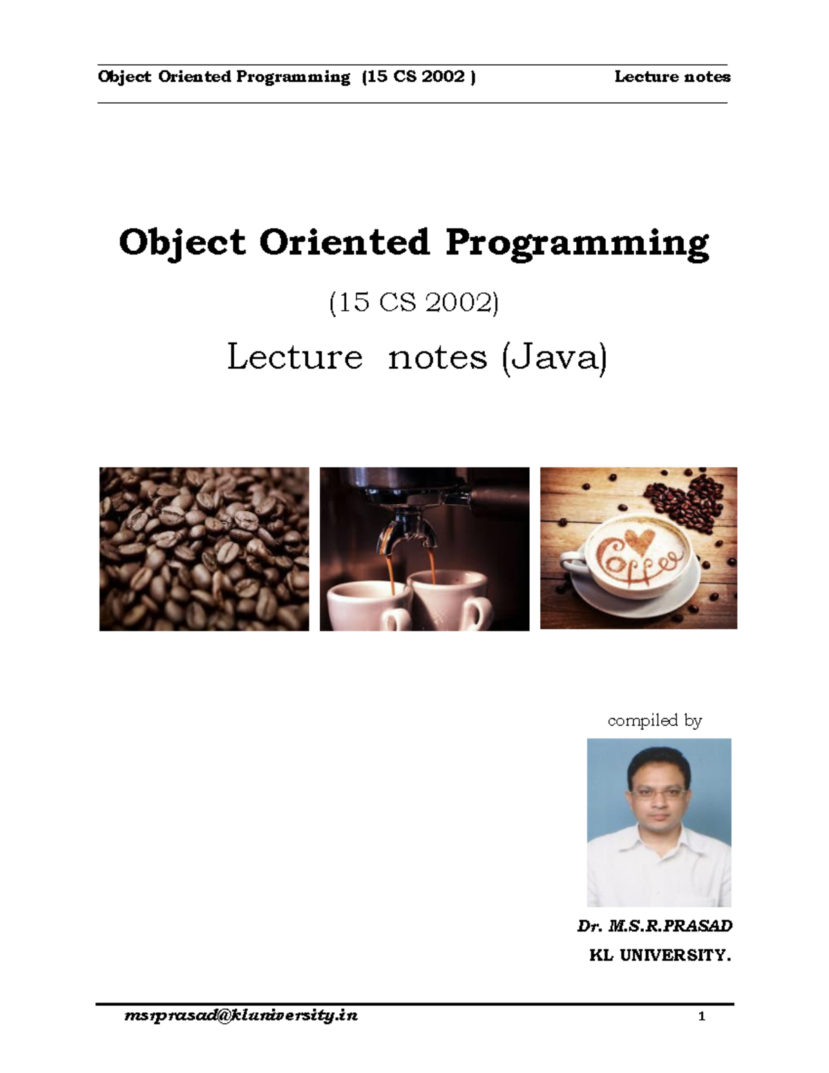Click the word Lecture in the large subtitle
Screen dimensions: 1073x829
(x=295, y=357)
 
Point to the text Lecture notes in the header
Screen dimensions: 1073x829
(x=672, y=77)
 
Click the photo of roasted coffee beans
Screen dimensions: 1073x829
(x=204, y=549)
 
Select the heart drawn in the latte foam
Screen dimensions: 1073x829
(x=635, y=538)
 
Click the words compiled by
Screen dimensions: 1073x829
(x=654, y=721)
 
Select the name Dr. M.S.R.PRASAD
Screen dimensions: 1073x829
(x=654, y=926)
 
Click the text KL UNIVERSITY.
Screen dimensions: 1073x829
(x=659, y=956)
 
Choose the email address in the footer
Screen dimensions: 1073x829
(x=241, y=1016)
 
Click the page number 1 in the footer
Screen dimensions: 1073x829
(x=702, y=1016)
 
